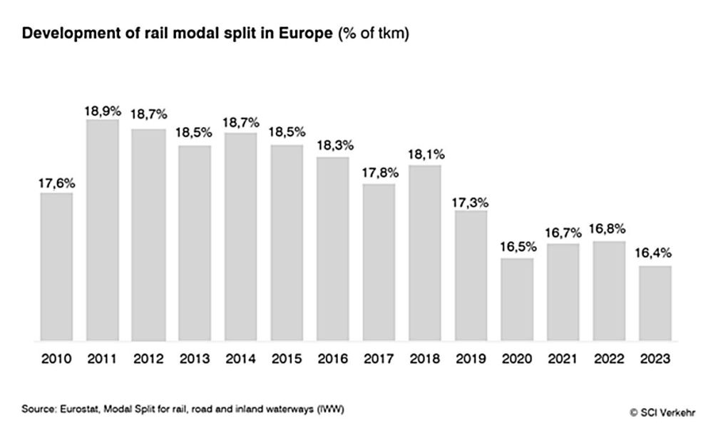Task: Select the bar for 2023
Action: pos(655,302)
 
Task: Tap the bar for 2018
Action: pos(425,253)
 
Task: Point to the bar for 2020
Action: pos(517,299)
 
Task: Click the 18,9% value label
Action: pos(103,111)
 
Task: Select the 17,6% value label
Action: pos(56,183)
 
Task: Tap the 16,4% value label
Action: pos(655,253)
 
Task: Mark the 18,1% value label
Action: pos(425,155)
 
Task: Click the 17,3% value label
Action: pos(471,202)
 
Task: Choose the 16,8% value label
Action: pos(608,229)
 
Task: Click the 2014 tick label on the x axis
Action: pos(240,360)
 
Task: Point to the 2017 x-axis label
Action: pos(379,360)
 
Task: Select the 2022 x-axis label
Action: pos(608,360)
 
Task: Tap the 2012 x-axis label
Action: pos(148,360)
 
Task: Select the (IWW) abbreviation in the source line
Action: pos(330,409)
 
